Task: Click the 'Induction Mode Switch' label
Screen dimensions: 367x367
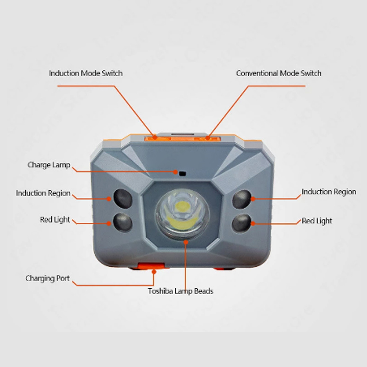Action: [x=86, y=73]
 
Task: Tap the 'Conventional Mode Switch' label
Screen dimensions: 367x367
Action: [x=279, y=73]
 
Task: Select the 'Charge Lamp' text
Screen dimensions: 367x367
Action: [x=49, y=165]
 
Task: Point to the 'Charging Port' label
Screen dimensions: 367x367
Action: [x=48, y=278]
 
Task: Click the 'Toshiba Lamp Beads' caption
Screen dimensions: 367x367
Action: [x=180, y=291]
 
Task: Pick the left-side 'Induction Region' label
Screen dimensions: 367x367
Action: [x=43, y=193]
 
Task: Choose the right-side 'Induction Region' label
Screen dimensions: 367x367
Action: [x=329, y=192]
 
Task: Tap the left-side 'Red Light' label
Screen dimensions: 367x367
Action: [x=55, y=220]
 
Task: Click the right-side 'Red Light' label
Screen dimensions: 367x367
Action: [x=317, y=221]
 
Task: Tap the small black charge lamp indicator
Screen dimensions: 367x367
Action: [x=182, y=174]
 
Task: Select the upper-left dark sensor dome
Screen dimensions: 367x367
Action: [x=123, y=199]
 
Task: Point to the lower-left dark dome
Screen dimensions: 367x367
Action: [x=123, y=222]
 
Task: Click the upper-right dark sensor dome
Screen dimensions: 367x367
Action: [x=242, y=199]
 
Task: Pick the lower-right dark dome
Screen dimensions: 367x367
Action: [x=242, y=224]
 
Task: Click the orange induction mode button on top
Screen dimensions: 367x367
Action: [x=158, y=138]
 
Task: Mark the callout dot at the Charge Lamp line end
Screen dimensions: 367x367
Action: [x=175, y=172]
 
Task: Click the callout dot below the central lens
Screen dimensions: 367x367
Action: [x=186, y=242]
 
